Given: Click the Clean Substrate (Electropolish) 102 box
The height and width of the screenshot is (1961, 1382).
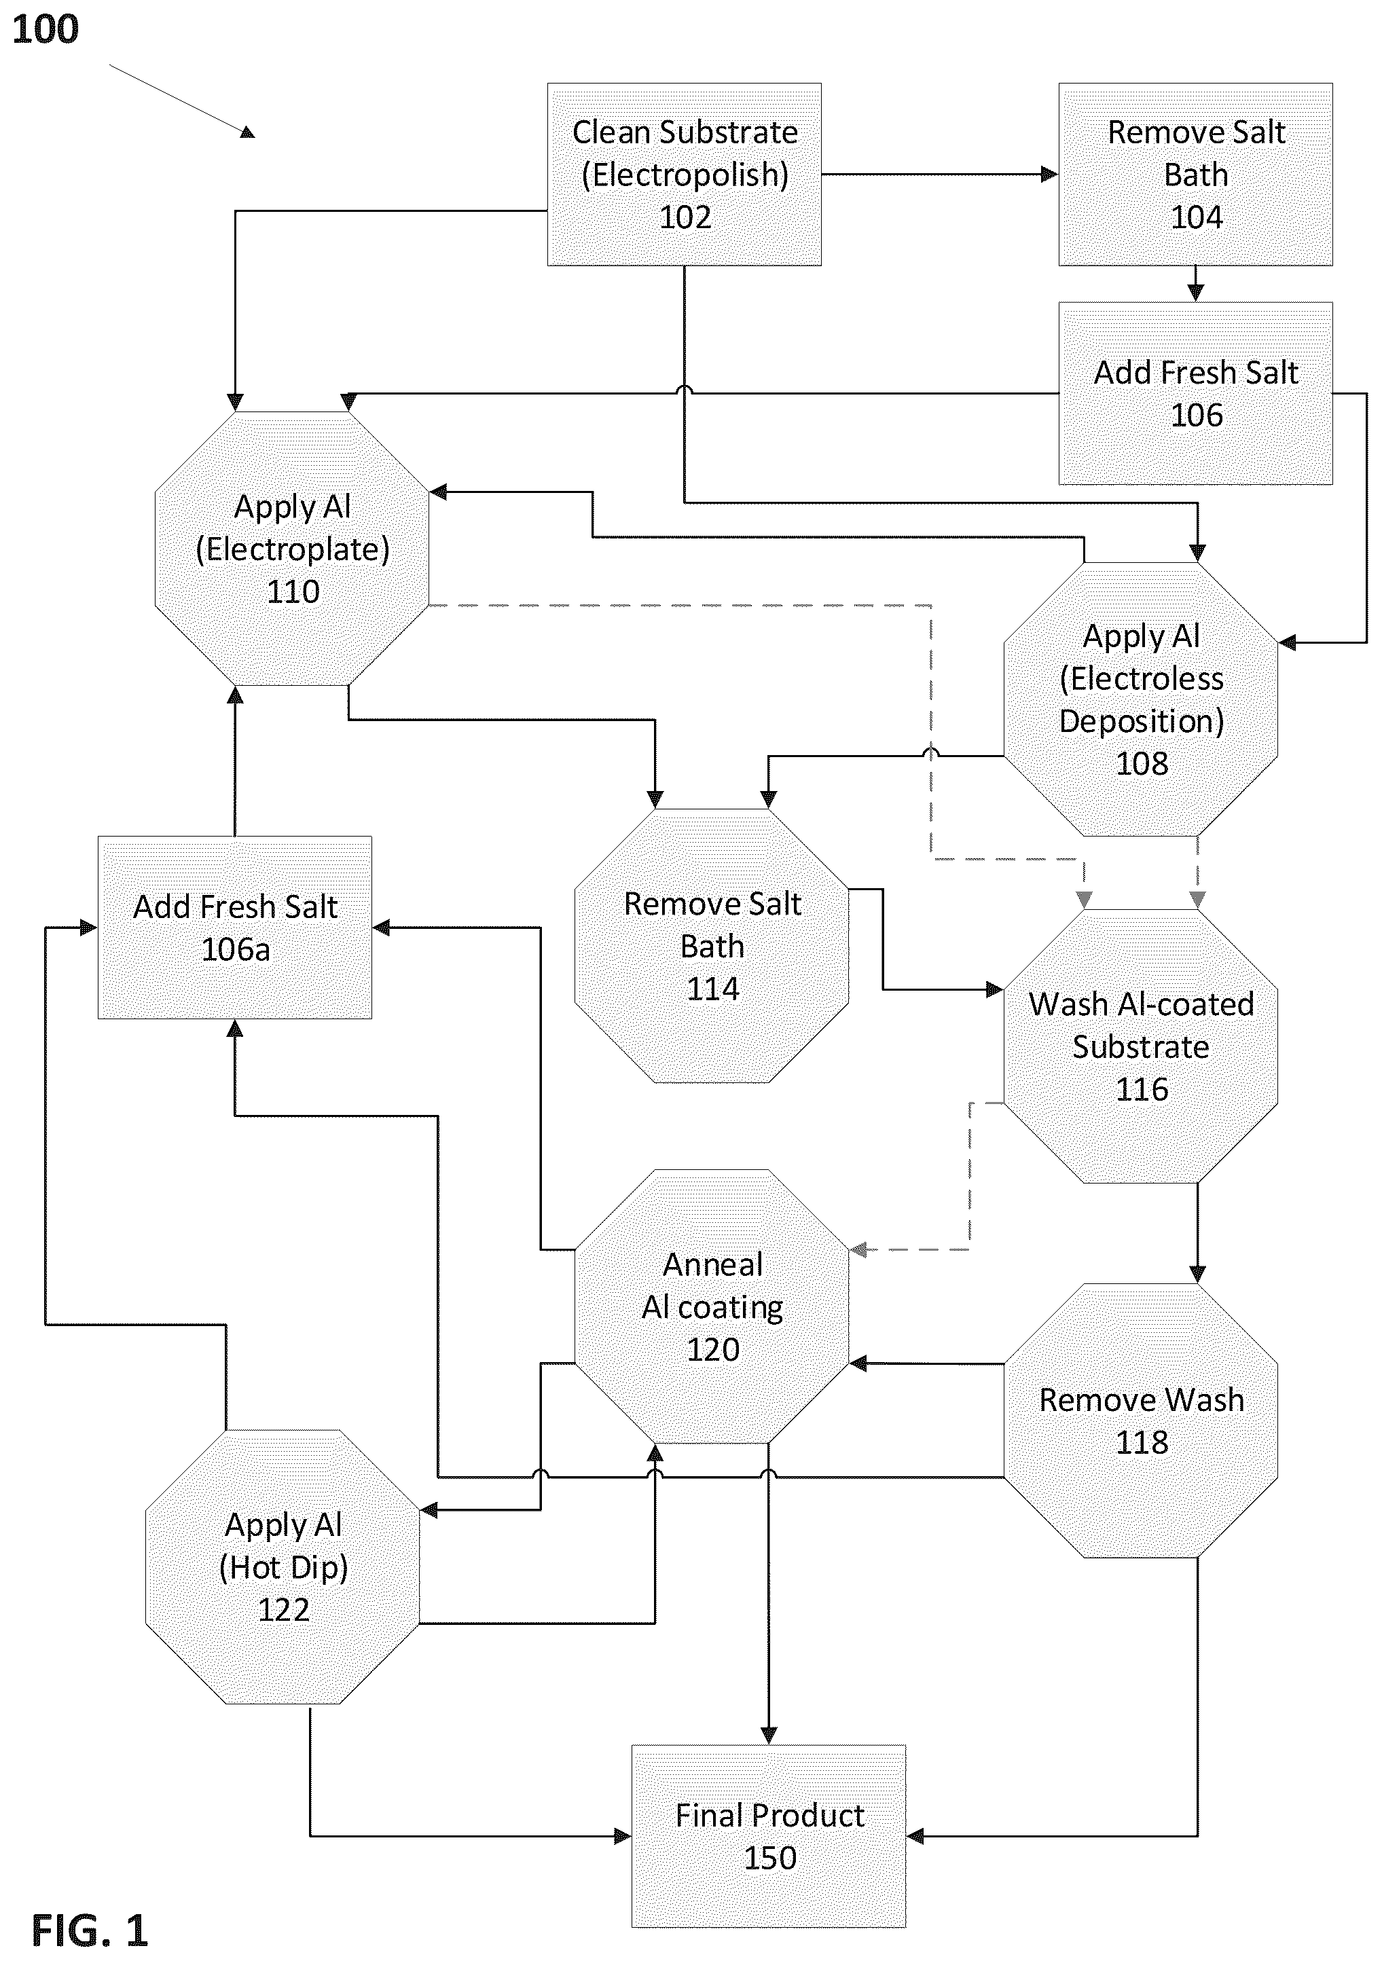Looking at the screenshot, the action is (x=684, y=175).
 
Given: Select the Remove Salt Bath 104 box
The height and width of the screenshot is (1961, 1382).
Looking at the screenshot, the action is (x=1196, y=175).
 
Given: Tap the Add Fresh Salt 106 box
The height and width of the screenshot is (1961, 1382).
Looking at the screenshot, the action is (x=1196, y=394).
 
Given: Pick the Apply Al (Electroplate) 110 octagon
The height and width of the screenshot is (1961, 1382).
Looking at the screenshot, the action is (x=292, y=549).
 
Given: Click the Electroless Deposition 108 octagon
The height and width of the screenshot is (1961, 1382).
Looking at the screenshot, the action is (x=1141, y=699).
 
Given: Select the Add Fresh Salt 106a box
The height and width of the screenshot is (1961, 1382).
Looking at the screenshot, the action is (x=235, y=928).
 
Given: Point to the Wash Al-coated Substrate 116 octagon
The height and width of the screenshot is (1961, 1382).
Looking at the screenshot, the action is (x=1141, y=1046).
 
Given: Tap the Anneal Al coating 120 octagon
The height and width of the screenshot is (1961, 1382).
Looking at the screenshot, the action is (x=712, y=1306).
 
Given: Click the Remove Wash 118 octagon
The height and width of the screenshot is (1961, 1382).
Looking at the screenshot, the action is (x=1141, y=1421).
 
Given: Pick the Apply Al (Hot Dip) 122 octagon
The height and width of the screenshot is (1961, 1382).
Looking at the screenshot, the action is (x=283, y=1567).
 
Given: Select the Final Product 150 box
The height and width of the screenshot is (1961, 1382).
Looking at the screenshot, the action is (x=769, y=1836).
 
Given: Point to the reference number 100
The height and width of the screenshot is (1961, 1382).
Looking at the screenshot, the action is (x=46, y=30).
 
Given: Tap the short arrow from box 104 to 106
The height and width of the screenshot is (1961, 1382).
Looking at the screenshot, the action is (x=1196, y=284).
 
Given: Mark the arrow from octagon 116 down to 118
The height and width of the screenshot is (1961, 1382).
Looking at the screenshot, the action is (x=1197, y=1233).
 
